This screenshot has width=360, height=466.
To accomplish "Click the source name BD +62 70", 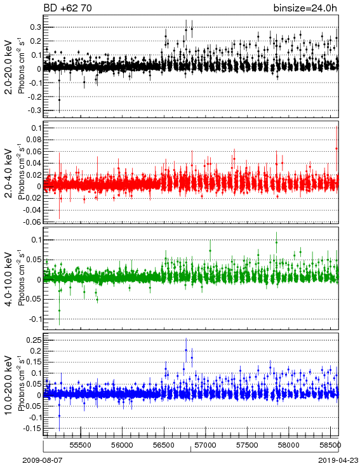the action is [x=67, y=8].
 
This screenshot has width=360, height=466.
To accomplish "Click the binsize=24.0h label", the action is [x=305, y=8].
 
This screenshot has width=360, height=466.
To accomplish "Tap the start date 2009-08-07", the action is [x=43, y=460].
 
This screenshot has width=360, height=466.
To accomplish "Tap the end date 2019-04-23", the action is [x=338, y=460].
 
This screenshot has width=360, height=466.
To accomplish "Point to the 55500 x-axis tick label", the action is [x=81, y=445].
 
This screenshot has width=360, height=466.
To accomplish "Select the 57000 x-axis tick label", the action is [x=206, y=445].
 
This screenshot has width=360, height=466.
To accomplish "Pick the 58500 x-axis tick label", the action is [x=330, y=445].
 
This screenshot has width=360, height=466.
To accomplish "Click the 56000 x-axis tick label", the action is [x=122, y=445].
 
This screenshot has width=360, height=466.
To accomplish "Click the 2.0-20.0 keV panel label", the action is [x=10, y=67].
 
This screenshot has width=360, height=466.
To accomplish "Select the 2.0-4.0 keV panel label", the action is [x=10, y=173].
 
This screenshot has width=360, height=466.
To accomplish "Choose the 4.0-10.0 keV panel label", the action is [x=10, y=279].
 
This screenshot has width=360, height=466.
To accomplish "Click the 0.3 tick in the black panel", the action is [x=36, y=27].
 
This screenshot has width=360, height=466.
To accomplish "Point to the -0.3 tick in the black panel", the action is [x=34, y=110].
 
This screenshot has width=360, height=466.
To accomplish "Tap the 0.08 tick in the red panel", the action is [x=34, y=140].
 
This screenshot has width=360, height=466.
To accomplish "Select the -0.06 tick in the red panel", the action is [x=33, y=222].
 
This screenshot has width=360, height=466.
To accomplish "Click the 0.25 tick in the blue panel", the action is [x=34, y=340].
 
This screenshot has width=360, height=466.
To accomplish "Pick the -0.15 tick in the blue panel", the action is [x=33, y=429].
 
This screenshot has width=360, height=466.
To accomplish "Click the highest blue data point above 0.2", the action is [x=186, y=350].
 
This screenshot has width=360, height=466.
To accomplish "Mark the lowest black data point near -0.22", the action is [x=59, y=100].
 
